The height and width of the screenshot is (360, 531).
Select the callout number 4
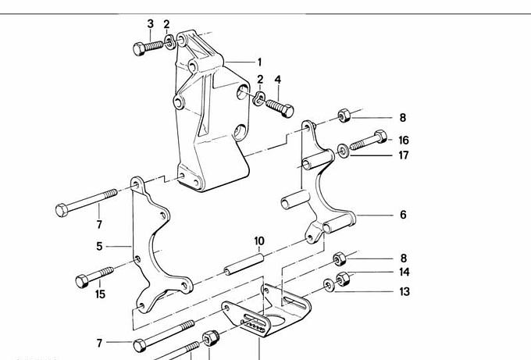click(277, 80)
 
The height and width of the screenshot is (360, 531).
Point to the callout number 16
click(403, 141)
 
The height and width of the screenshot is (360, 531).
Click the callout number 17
click(403, 155)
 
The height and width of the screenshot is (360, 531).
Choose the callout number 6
click(403, 215)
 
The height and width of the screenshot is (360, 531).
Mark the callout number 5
click(99, 246)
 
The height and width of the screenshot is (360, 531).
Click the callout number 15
click(99, 294)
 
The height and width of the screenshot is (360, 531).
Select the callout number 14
click(403, 273)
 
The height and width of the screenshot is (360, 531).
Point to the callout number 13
click(403, 292)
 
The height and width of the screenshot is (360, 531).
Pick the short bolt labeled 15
click(93, 276)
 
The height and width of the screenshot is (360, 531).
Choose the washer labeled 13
click(327, 285)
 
